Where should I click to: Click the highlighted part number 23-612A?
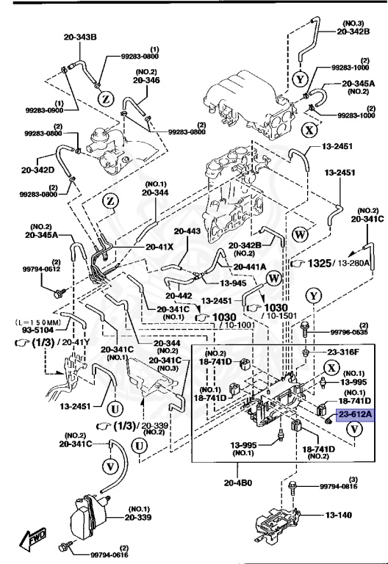[356, 415]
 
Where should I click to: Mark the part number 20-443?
[187, 231]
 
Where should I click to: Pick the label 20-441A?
[251, 267]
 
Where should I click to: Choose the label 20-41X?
[159, 247]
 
